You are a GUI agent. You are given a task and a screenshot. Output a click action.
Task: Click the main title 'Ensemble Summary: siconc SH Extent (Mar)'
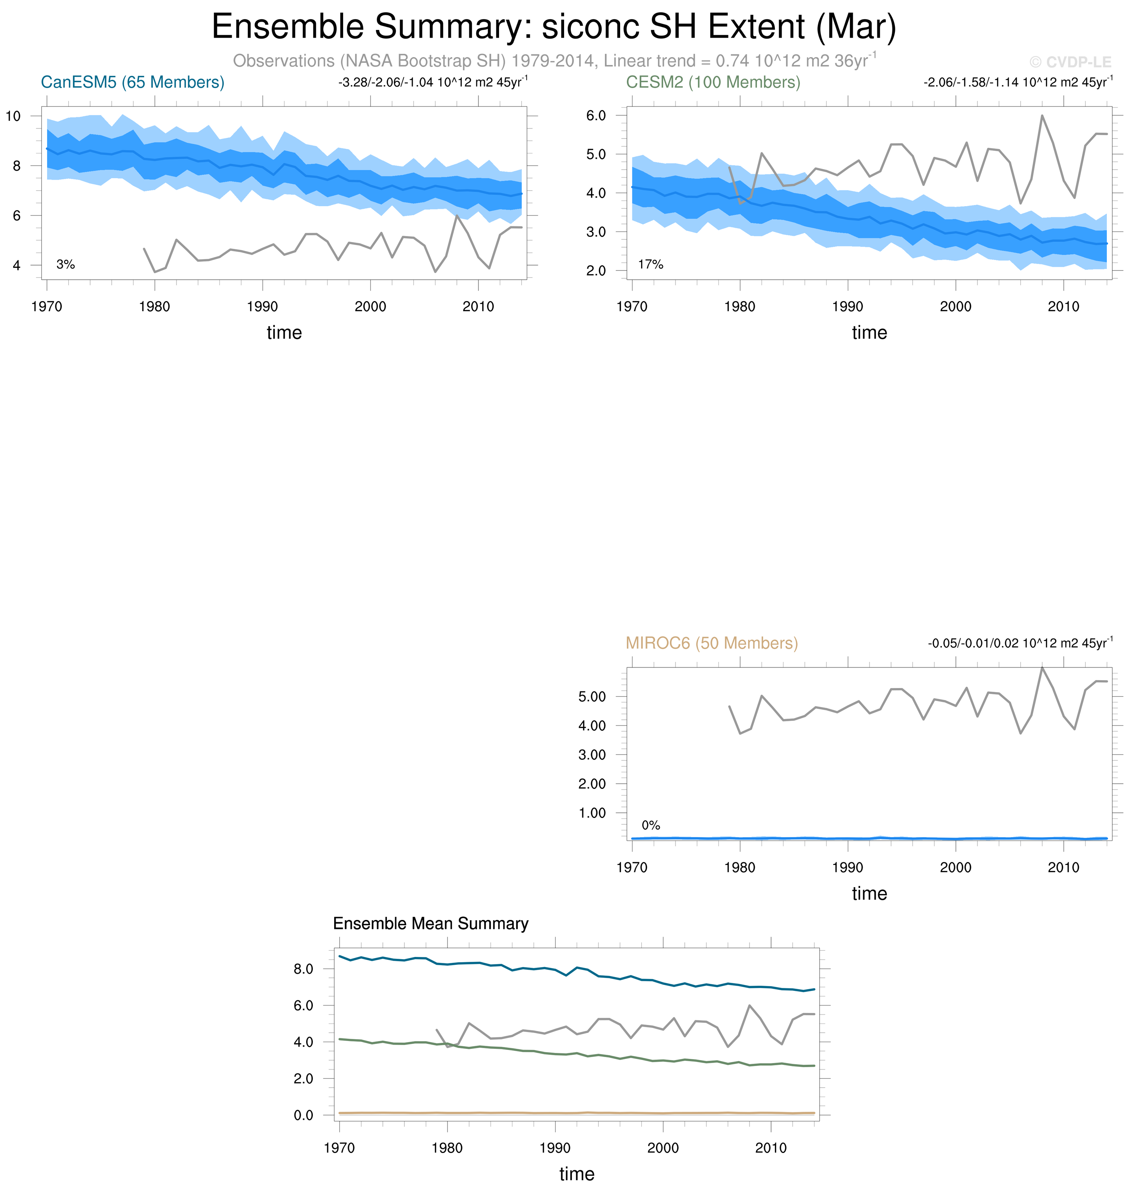(554, 27)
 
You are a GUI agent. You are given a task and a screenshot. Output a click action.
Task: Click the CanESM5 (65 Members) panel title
(133, 83)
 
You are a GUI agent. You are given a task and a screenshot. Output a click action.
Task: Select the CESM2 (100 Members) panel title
(713, 83)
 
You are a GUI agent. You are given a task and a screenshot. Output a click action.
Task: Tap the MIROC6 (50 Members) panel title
(711, 644)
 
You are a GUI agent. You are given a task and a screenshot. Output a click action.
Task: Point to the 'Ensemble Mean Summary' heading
(431, 924)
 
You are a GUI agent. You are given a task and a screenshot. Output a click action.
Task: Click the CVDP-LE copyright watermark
(1070, 62)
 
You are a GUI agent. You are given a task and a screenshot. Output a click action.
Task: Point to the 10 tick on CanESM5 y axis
(13, 116)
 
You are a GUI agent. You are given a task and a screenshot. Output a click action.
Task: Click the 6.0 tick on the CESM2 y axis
(596, 115)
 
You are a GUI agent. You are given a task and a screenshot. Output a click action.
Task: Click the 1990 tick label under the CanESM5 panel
(263, 307)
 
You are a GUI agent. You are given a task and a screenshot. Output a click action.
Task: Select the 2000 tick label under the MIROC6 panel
(955, 868)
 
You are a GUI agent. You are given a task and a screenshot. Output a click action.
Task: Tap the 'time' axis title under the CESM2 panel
(869, 333)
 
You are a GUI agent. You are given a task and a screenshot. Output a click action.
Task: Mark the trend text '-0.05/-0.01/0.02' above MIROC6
(973, 644)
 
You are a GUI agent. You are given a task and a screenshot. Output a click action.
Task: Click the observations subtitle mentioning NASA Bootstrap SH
(554, 61)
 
